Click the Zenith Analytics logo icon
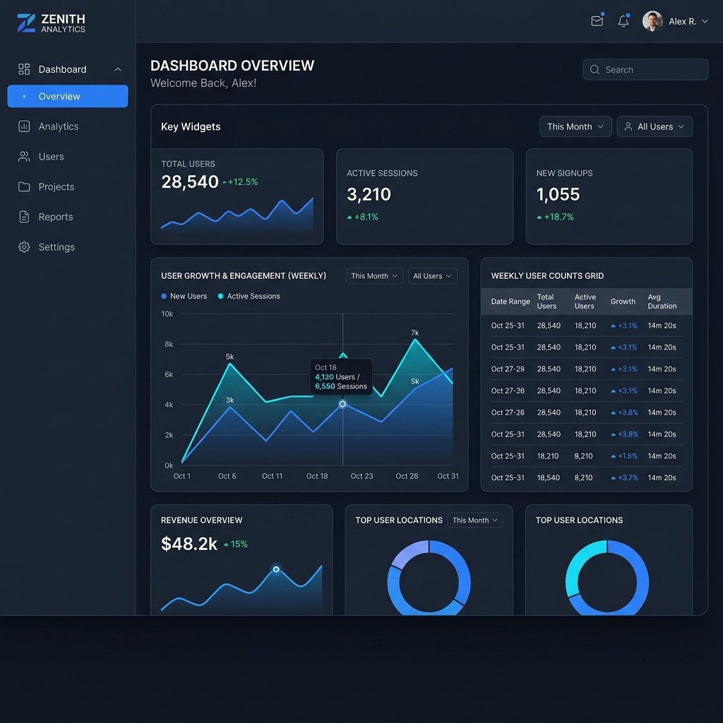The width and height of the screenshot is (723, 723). (26, 23)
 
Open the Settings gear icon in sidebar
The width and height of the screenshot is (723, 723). (24, 247)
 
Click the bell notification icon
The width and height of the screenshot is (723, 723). (623, 20)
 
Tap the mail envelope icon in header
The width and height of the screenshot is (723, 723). (597, 20)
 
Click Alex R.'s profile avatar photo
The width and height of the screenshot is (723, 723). (652, 21)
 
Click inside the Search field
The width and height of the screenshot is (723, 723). (645, 70)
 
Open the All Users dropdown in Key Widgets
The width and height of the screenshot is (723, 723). (655, 126)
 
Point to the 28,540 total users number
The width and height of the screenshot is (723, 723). (189, 181)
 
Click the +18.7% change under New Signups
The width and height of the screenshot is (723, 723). (555, 217)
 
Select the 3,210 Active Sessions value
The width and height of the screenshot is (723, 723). (369, 194)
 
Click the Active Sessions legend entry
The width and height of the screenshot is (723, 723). (249, 296)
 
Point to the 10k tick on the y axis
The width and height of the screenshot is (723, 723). (167, 314)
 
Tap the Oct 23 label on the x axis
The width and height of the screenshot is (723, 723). (362, 476)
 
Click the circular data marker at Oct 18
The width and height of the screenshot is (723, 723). (342, 404)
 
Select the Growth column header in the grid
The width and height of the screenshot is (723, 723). (623, 301)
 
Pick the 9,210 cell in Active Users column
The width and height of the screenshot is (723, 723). (583, 456)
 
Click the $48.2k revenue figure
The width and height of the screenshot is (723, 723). (189, 544)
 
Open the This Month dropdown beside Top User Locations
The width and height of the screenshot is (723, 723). (475, 520)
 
